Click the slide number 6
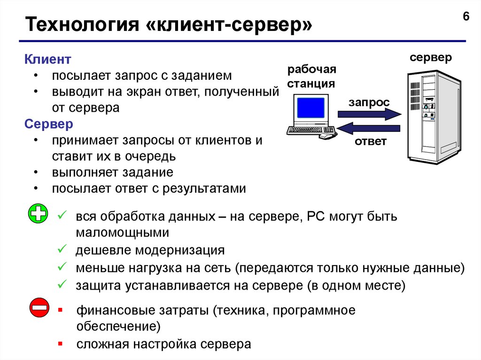(x=466, y=17)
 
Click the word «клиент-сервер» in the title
(x=231, y=25)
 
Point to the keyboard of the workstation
(x=310, y=130)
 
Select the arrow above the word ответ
(x=369, y=128)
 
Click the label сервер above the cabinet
(x=430, y=58)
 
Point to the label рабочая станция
(x=311, y=77)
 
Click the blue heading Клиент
(x=47, y=60)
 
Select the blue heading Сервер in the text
(x=49, y=124)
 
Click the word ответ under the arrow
(x=371, y=141)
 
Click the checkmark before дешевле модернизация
(x=62, y=249)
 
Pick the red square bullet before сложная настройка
(x=60, y=343)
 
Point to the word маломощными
(x=122, y=232)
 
